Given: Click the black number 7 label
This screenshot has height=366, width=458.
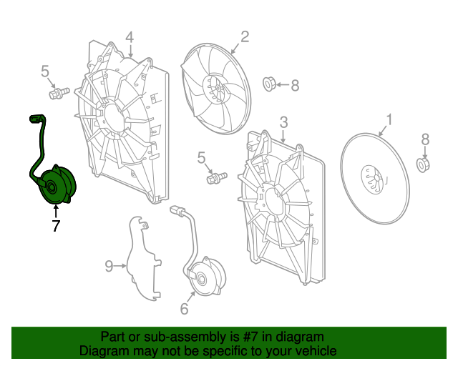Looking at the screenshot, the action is click(56, 226).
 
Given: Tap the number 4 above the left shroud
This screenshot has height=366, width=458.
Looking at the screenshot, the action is click(130, 38).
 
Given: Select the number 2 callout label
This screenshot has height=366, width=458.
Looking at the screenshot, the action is click(245, 36).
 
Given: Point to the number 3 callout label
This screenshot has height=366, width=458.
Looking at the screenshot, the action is click(283, 122).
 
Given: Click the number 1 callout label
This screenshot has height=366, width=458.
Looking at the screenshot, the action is click(389, 120).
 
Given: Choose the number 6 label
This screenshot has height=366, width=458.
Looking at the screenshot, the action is click(185, 309).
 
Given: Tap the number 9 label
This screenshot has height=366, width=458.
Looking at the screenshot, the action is click(109, 266).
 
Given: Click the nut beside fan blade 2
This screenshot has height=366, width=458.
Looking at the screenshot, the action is click(269, 84).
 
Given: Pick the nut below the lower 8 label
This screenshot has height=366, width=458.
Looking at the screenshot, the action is click(423, 165).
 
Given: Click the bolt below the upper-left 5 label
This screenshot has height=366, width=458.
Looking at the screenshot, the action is click(59, 93).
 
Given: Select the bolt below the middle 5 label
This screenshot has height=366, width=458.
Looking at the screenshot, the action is click(216, 178).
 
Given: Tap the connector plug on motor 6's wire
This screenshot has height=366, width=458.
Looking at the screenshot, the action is click(177, 210).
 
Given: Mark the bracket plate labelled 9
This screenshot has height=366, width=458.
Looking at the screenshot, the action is click(144, 258).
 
